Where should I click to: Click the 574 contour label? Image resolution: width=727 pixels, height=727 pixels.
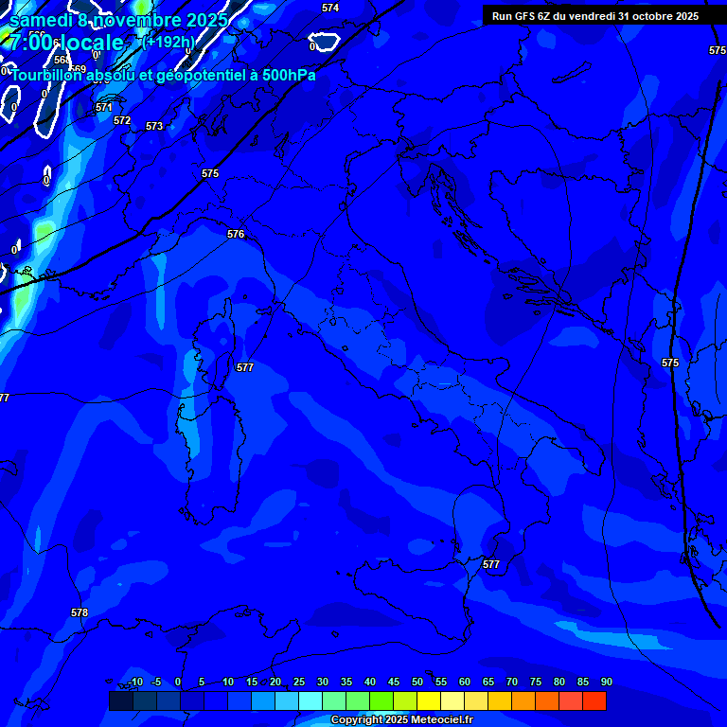tap(330, 8)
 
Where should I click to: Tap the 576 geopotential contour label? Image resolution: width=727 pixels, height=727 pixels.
tap(236, 234)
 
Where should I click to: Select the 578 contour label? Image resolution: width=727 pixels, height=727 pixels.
tap(80, 612)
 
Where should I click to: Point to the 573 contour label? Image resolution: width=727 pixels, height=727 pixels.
tap(154, 126)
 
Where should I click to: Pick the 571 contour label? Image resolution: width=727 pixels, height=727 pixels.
tap(104, 108)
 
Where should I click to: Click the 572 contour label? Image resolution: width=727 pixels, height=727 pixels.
tap(122, 120)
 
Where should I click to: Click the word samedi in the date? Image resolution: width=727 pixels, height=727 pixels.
tap(44, 20)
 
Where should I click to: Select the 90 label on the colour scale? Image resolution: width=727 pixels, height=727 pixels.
tap(606, 682)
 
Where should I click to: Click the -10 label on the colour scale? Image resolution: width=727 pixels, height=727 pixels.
tap(134, 682)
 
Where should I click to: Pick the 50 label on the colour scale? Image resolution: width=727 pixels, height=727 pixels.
tap(417, 682)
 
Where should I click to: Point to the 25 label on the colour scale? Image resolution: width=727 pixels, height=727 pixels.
tap(298, 682)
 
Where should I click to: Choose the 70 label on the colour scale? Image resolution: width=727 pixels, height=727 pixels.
tap(511, 682)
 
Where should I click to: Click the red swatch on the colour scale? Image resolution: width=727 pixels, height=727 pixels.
tap(594, 700)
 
